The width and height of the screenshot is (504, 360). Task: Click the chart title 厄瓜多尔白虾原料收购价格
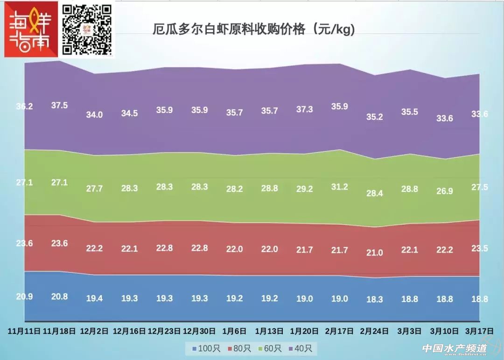pyautogui.click(x=254, y=30)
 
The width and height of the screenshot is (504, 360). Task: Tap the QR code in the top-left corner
pyautogui.click(x=88, y=29)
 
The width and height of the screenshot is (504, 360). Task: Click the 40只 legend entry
pyautogui.click(x=301, y=348)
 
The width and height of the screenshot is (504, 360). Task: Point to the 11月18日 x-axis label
pyautogui.click(x=59, y=331)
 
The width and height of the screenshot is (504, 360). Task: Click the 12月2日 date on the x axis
pyautogui.click(x=94, y=331)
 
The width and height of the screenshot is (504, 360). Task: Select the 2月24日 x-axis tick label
pyautogui.click(x=374, y=331)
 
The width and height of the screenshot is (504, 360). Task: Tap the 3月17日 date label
pyautogui.click(x=479, y=331)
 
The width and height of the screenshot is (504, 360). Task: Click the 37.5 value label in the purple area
pyautogui.click(x=59, y=106)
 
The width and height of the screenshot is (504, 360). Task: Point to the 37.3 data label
pyautogui.click(x=304, y=109)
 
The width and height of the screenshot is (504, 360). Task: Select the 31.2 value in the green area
pyautogui.click(x=339, y=187)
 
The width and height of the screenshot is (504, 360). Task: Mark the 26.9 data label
pyautogui.click(x=444, y=191)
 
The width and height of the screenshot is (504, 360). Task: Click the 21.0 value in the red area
pyautogui.click(x=374, y=253)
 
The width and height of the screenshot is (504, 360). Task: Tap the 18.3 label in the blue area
pyautogui.click(x=374, y=299)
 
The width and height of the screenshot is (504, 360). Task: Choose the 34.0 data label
pyautogui.click(x=94, y=114)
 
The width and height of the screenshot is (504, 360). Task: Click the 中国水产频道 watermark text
pyautogui.click(x=454, y=348)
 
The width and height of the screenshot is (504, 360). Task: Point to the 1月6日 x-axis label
pyautogui.click(x=234, y=331)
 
